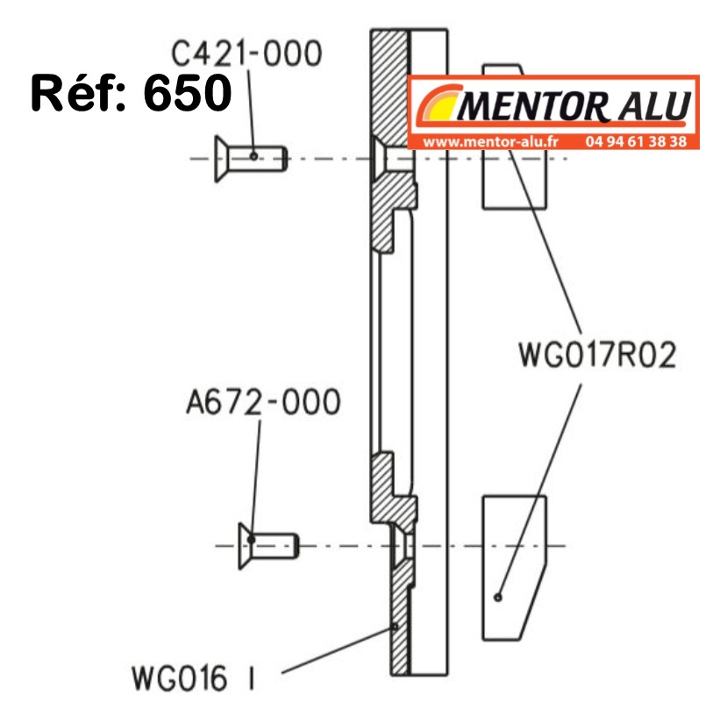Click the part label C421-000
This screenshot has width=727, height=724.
[246, 54]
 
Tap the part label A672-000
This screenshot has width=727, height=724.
[263, 403]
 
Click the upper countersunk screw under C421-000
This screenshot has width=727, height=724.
[250, 158]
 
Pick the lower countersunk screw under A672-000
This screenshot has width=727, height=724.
[267, 545]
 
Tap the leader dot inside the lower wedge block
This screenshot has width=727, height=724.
[498, 597]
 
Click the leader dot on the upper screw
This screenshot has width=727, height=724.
[254, 156]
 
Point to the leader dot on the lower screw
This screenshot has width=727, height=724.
[252, 540]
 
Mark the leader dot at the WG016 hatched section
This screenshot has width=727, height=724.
[396, 627]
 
